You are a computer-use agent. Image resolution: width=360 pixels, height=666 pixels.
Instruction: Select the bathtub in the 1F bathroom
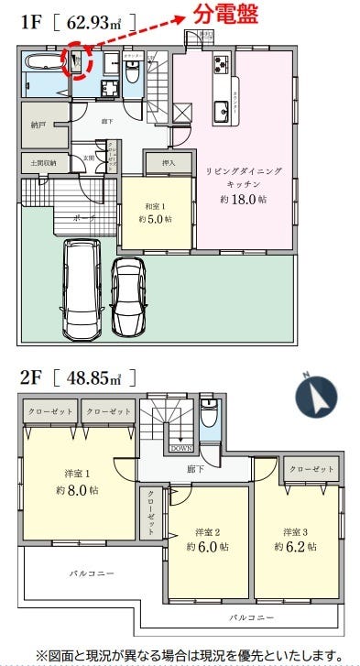tap(42, 64)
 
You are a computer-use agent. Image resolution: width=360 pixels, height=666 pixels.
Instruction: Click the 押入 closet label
tap(169, 165)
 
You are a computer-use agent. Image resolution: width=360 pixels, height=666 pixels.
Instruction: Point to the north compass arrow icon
tap(317, 396)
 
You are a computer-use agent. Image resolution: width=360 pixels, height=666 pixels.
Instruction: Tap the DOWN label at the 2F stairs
tap(180, 449)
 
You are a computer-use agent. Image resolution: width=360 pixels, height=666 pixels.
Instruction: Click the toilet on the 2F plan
tap(210, 418)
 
